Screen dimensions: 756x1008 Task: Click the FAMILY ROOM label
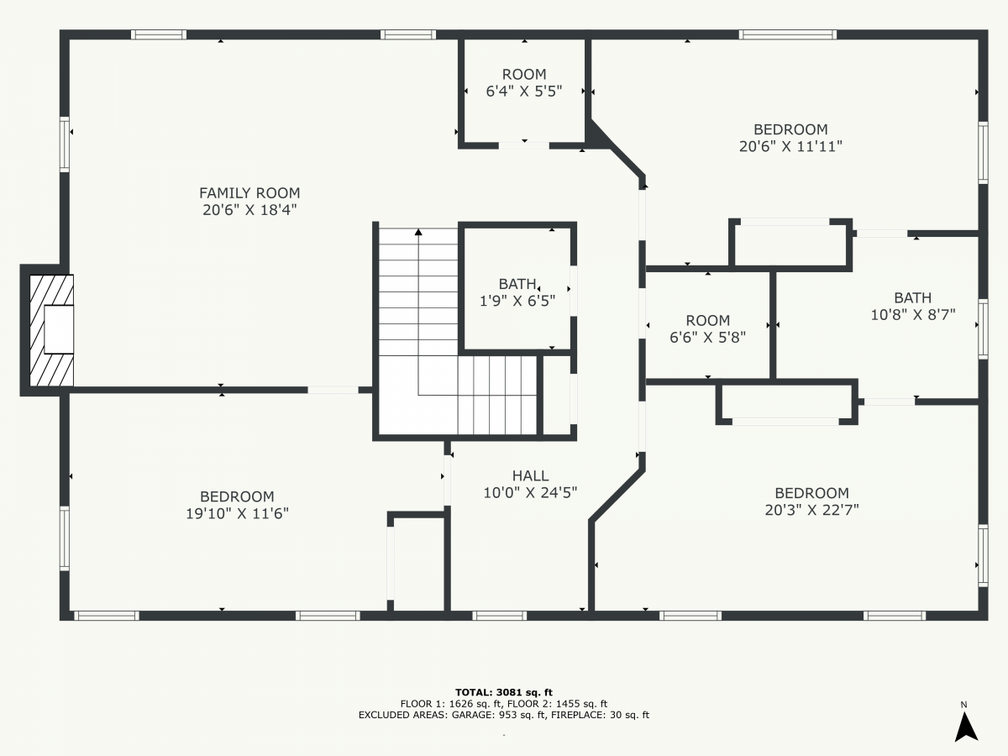point(249,193)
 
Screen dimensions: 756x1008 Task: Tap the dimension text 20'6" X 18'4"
point(249,210)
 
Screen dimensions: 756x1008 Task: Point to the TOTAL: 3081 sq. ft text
point(503,690)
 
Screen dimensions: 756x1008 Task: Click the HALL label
point(530,476)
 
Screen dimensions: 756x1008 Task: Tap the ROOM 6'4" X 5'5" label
point(524,82)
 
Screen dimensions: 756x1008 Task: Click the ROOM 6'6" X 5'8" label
point(707,328)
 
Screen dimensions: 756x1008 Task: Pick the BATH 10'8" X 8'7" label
point(912,306)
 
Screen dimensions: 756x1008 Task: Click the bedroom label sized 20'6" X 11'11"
point(790,138)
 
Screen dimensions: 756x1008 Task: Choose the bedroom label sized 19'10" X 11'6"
point(237,505)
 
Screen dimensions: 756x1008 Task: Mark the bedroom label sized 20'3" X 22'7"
point(811,501)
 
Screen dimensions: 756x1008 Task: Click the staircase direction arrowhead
point(418,233)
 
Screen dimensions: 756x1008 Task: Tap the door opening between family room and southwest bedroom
point(333,390)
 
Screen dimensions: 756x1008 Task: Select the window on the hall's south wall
point(500,616)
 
